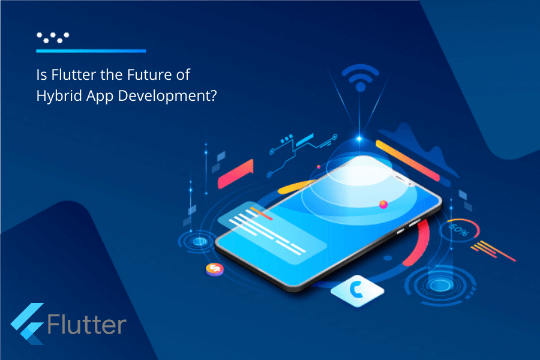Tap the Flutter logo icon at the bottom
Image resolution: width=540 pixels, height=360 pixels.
pyautogui.click(x=27, y=324)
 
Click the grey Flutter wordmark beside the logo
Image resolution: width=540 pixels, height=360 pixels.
pyautogui.click(x=86, y=325)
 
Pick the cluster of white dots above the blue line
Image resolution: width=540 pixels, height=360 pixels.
pyautogui.click(x=52, y=37)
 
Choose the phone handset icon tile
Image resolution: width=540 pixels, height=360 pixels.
pyautogui.click(x=357, y=290)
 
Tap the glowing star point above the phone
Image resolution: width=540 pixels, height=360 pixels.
pyautogui.click(x=359, y=139)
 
